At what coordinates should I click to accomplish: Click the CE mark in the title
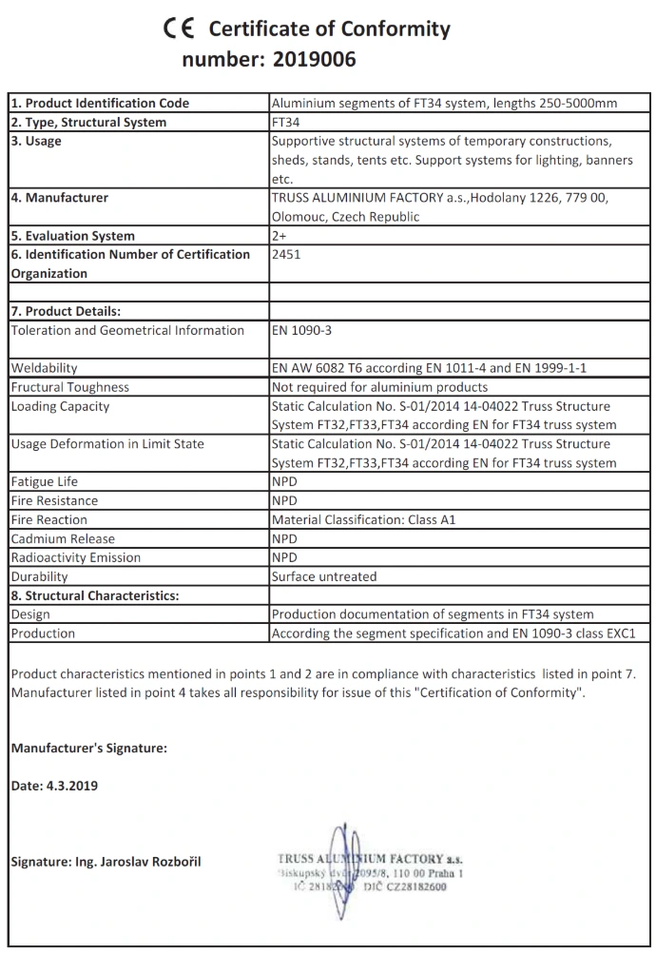[x=179, y=29]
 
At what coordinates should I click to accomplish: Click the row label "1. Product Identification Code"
[x=100, y=103]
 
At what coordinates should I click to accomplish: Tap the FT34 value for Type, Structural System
[x=286, y=122]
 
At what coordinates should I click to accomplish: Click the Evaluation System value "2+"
[x=280, y=235]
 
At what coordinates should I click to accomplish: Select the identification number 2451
[x=286, y=254]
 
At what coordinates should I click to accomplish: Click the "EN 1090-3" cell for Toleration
[x=301, y=330]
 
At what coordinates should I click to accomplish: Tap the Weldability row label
[x=45, y=368]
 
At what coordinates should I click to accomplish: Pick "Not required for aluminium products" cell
[x=379, y=387]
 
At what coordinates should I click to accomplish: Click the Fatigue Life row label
[x=46, y=481]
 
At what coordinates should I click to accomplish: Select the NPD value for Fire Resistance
[x=284, y=500]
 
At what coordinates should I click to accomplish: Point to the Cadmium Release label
[x=62, y=538]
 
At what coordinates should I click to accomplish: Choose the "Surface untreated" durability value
[x=324, y=576]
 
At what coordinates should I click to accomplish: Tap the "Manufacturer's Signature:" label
[x=88, y=748]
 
